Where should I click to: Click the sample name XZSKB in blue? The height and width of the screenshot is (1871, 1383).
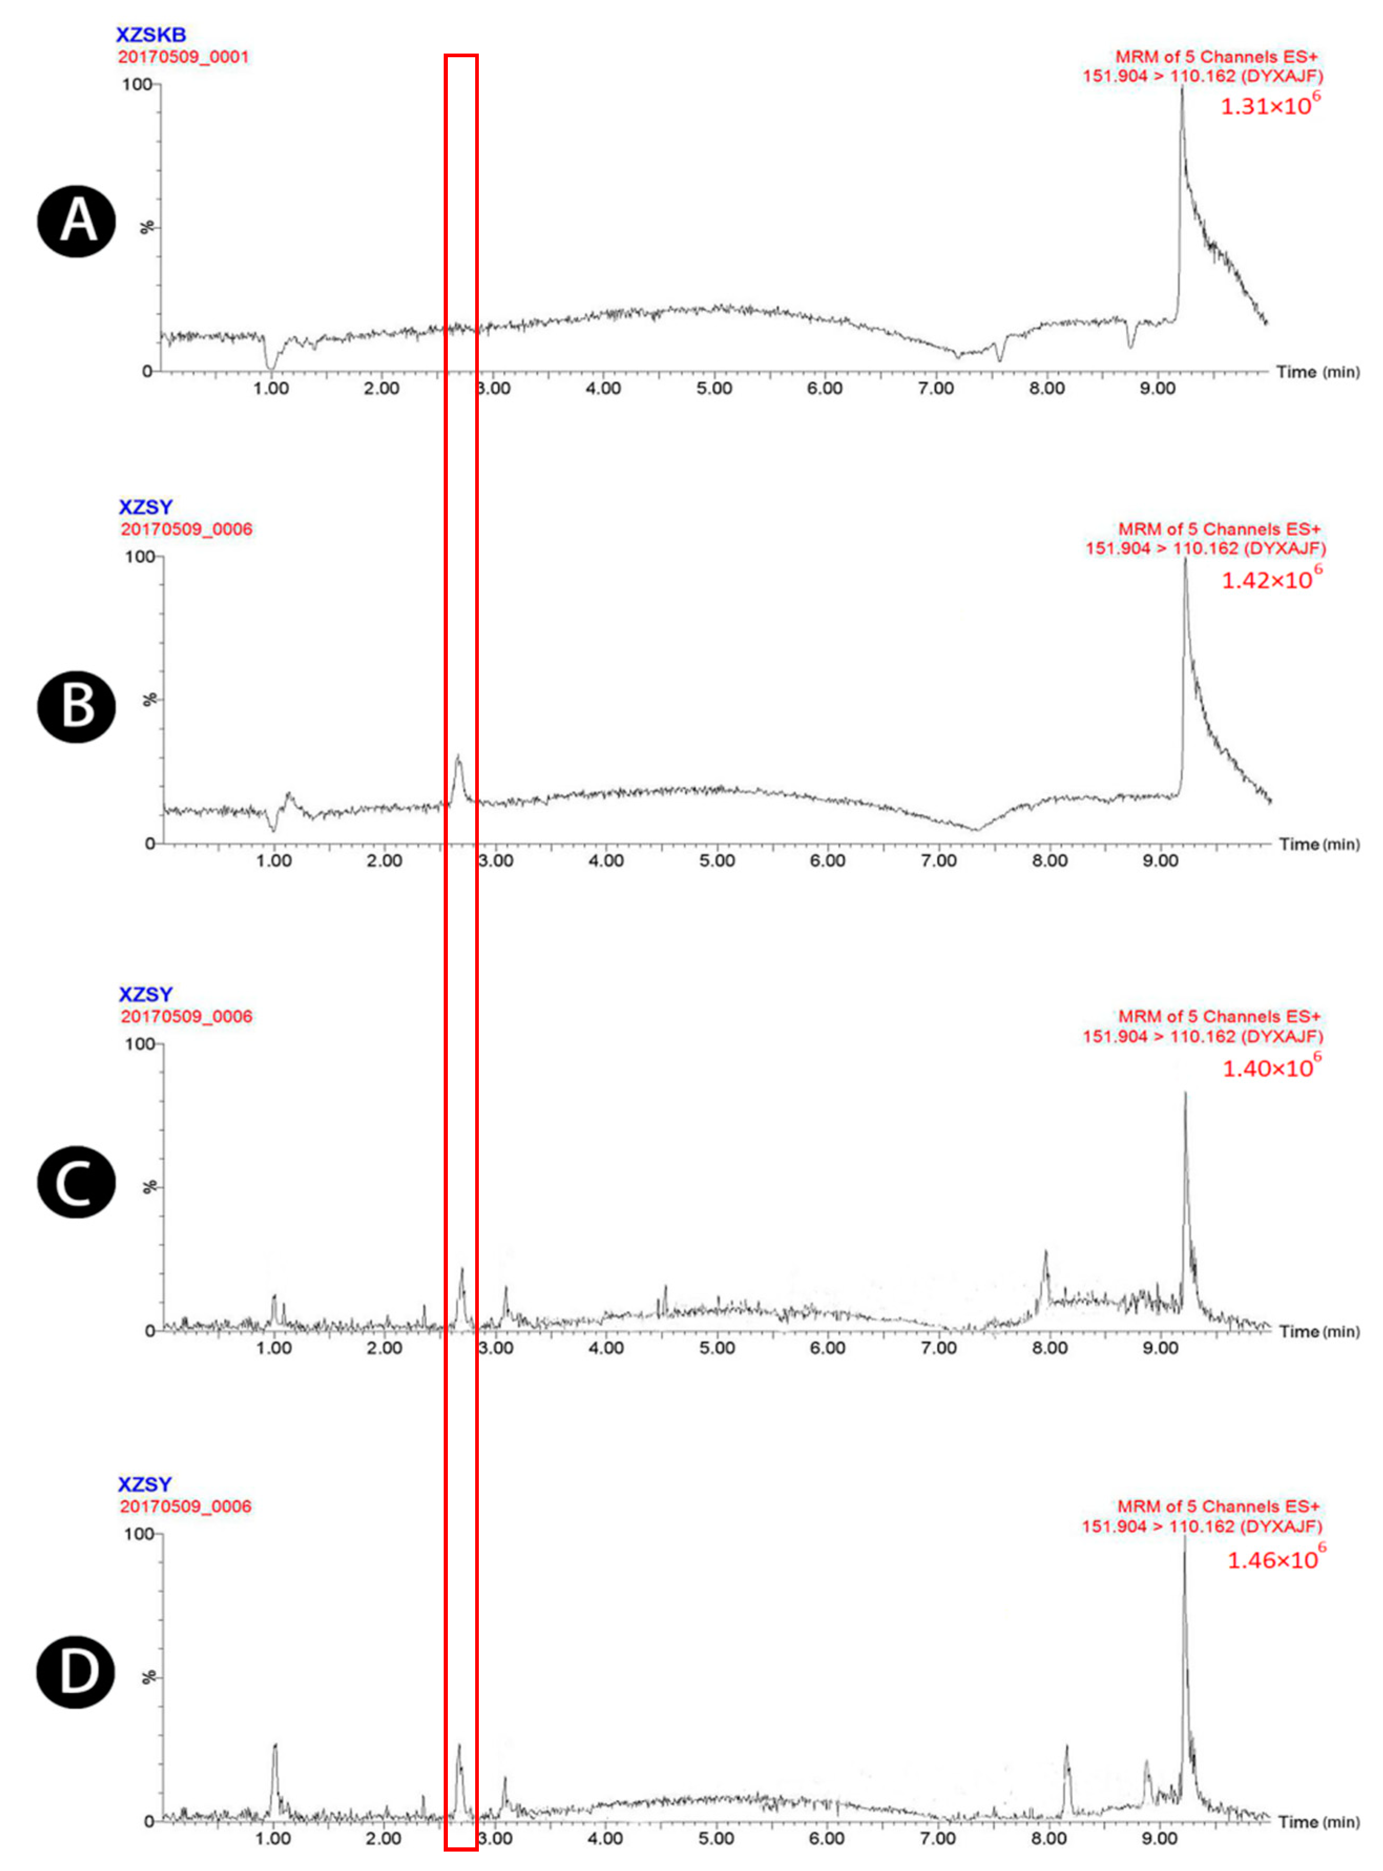click(x=151, y=35)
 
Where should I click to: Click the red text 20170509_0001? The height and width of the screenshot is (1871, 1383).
click(x=183, y=57)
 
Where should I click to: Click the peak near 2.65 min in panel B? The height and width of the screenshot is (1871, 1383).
click(x=458, y=758)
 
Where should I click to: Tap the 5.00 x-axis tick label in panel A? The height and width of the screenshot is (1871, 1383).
click(x=714, y=389)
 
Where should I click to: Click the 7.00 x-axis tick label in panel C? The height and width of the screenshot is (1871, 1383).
click(x=938, y=1348)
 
